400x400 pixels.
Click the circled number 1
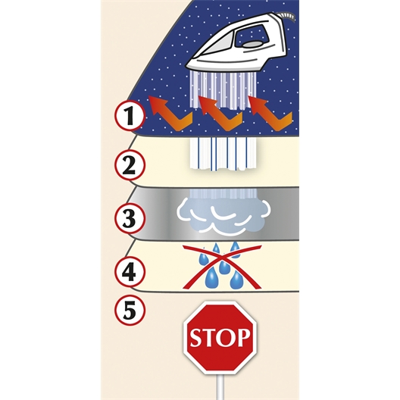tap(129, 117)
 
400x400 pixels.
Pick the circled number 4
tap(129, 270)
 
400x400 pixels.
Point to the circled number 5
tap(129, 309)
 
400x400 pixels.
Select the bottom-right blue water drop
tap(237, 280)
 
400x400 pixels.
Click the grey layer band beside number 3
tap(303, 216)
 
